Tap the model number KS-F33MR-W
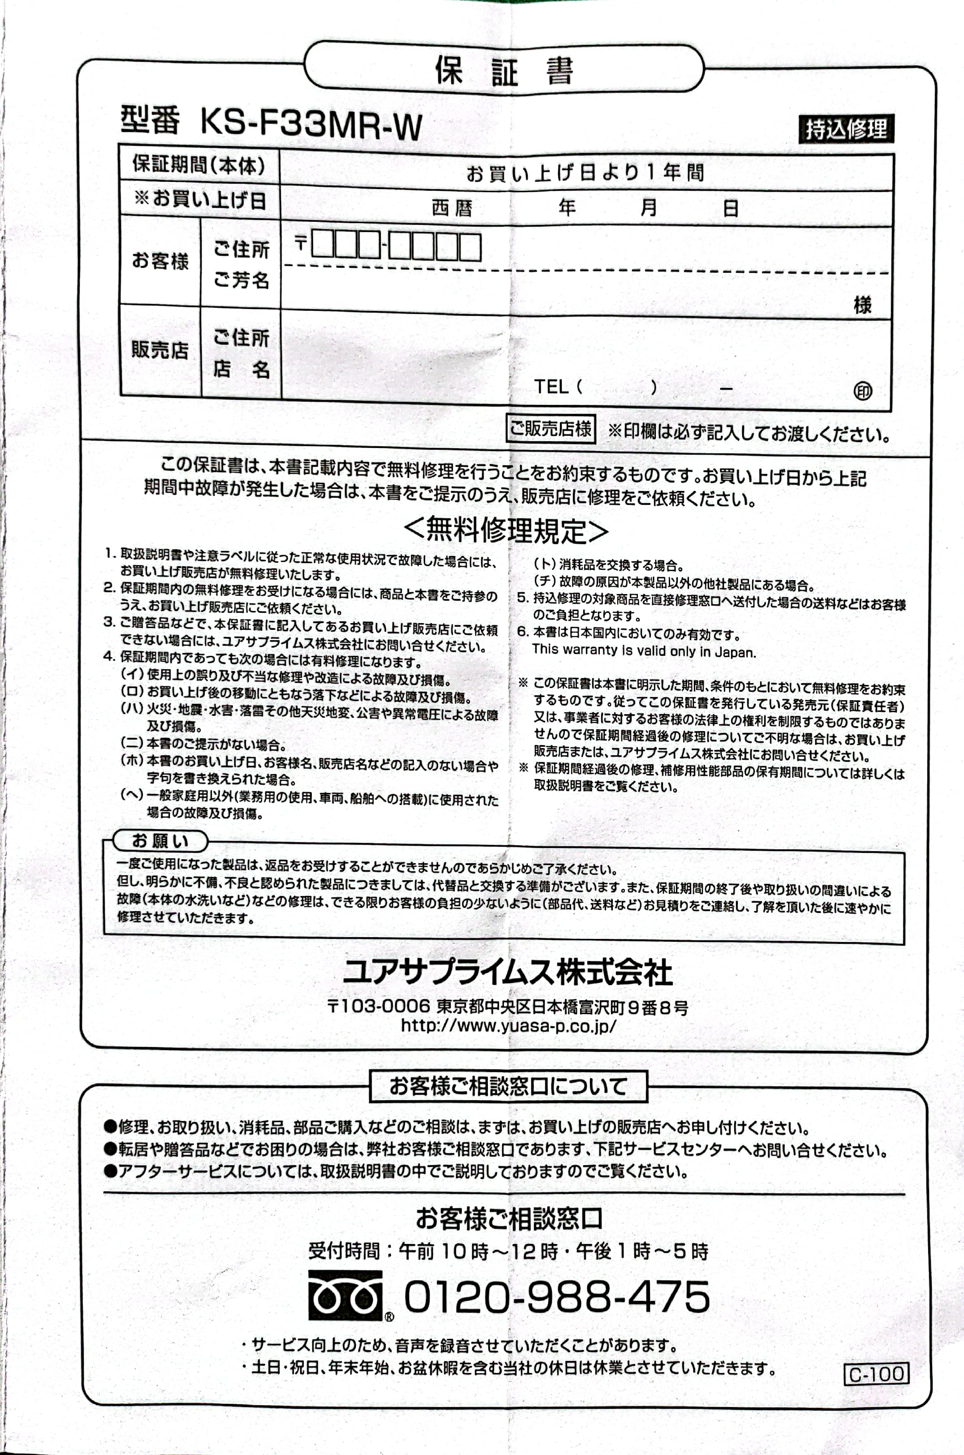[310, 125]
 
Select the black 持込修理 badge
[846, 129]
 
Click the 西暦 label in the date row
[452, 208]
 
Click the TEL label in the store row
[550, 386]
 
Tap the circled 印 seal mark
[863, 391]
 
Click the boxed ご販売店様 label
[550, 428]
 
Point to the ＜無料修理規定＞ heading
[506, 530]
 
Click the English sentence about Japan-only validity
[644, 651]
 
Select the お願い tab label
[160, 840]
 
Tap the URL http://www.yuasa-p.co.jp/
[508, 1025]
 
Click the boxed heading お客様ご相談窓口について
[508, 1086]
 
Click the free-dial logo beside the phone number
[345, 1295]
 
